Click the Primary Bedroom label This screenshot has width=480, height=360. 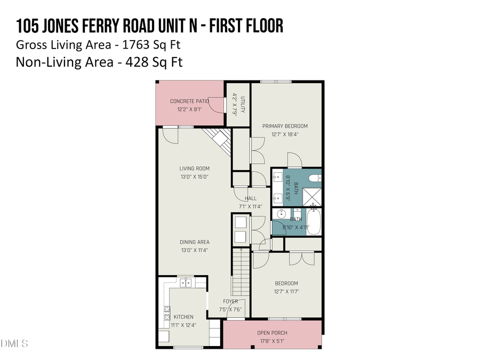(x=285, y=126)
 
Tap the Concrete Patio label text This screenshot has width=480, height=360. (x=189, y=101)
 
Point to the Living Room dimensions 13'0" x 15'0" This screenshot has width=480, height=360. (x=194, y=176)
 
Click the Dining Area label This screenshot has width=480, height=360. (x=194, y=242)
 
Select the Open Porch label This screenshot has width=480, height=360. (x=272, y=333)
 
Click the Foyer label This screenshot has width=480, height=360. (x=230, y=301)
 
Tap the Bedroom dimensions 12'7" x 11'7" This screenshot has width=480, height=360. (x=286, y=291)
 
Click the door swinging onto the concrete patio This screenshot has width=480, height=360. (x=214, y=105)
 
